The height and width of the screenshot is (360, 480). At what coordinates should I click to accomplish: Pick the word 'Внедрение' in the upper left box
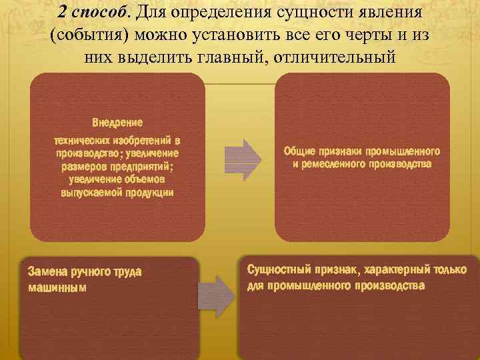(x=117, y=122)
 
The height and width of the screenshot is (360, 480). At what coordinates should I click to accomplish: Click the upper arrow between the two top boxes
(x=239, y=159)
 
